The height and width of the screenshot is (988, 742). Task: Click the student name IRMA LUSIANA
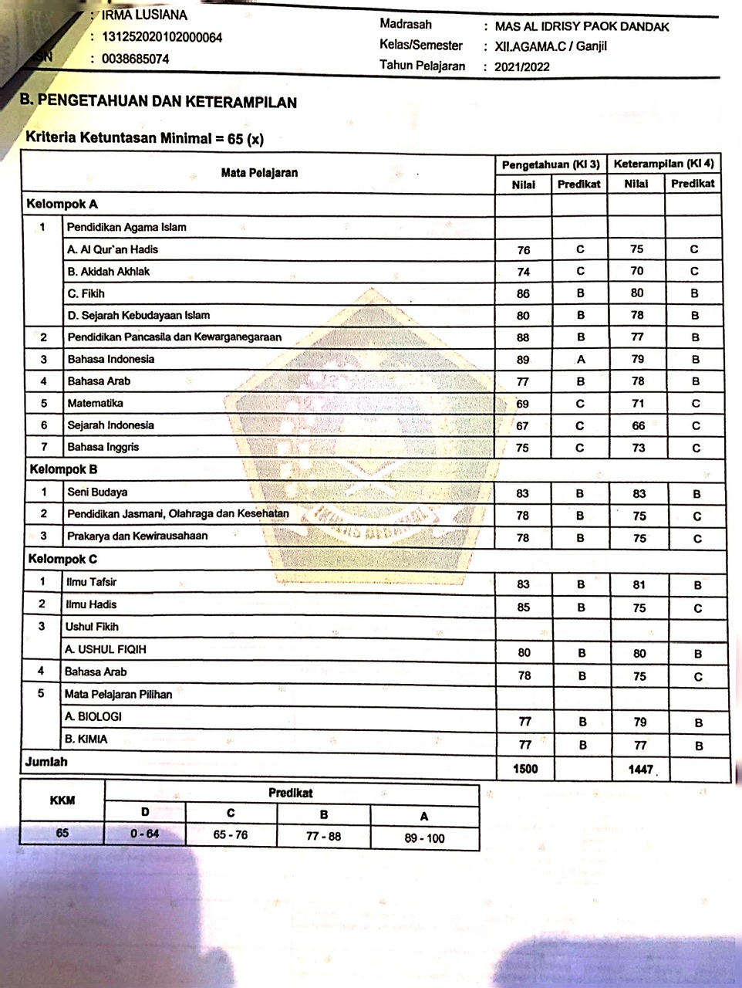click(x=144, y=15)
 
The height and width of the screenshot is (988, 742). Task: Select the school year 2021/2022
click(x=522, y=66)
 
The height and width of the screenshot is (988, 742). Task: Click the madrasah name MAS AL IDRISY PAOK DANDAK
click(x=582, y=26)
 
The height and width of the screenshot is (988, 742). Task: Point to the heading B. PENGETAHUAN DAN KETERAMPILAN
click(x=158, y=101)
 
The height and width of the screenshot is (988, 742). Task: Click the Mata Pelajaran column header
click(x=259, y=172)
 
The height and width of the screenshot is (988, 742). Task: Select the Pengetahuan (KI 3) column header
click(x=551, y=164)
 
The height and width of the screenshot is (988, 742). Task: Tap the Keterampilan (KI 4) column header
click(x=663, y=164)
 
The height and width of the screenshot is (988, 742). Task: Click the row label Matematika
click(x=95, y=403)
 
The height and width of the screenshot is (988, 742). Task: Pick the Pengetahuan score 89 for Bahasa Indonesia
click(x=523, y=360)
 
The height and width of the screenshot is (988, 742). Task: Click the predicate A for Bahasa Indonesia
click(x=580, y=359)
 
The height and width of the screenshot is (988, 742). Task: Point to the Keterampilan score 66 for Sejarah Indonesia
click(x=638, y=425)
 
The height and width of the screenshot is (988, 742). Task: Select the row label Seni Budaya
click(x=97, y=492)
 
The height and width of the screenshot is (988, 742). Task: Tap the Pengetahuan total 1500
click(x=524, y=768)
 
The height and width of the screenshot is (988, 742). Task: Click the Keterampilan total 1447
click(x=640, y=770)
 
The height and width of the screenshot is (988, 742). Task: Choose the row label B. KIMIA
click(x=86, y=739)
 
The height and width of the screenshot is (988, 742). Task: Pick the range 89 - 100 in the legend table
click(x=424, y=838)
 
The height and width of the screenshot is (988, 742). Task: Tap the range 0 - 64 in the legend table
click(x=145, y=834)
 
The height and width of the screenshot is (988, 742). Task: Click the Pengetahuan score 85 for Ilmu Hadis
click(x=524, y=607)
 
